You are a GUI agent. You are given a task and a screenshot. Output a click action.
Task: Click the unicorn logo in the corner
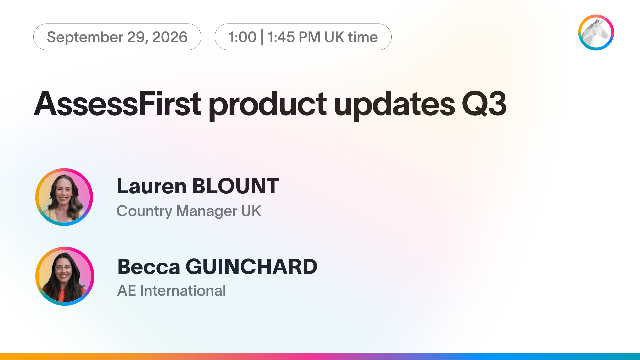click(596, 32)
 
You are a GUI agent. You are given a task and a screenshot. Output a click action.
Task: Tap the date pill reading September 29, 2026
click(117, 37)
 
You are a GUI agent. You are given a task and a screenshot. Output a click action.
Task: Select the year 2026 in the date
click(170, 37)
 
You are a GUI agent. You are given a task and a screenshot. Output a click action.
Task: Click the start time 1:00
click(242, 37)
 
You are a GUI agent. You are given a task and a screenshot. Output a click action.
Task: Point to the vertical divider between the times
click(262, 37)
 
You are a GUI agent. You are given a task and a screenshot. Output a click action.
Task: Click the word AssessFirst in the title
click(118, 104)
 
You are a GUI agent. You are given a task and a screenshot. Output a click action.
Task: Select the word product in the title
click(268, 105)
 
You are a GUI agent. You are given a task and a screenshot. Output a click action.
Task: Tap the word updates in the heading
click(394, 105)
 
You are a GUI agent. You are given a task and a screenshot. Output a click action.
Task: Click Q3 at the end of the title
click(484, 104)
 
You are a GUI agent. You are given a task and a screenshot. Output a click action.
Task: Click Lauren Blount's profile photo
click(64, 197)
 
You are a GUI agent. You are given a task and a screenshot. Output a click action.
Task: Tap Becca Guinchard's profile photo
click(65, 276)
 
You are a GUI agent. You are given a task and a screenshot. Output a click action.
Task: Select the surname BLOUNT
click(236, 186)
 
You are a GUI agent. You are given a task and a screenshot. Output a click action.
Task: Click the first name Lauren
click(152, 186)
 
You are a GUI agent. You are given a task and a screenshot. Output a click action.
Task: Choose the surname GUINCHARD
click(251, 267)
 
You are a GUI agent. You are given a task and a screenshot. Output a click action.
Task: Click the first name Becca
click(149, 267)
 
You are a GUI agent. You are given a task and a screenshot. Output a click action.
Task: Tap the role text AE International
click(171, 291)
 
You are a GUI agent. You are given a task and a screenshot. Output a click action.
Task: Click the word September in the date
click(85, 37)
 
